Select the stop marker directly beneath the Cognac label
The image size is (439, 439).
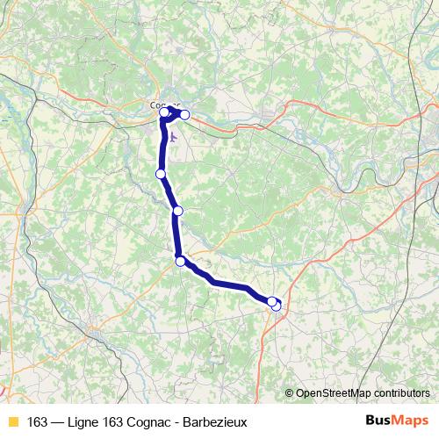(x=164, y=112)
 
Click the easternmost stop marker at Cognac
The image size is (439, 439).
(x=184, y=115)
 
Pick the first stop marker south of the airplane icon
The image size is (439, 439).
(x=161, y=174)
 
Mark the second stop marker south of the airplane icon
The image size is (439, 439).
(x=177, y=211)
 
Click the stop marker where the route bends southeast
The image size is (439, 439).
(x=180, y=261)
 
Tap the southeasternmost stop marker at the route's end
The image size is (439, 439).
(x=276, y=306)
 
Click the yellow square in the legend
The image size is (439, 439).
(x=12, y=421)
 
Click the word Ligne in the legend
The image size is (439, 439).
(x=85, y=421)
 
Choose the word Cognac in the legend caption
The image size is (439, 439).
(x=156, y=421)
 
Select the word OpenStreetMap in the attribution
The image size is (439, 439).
(x=333, y=393)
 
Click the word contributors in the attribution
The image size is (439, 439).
(x=401, y=393)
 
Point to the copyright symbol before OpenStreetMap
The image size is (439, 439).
(x=291, y=393)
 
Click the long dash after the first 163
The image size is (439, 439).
(x=58, y=421)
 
